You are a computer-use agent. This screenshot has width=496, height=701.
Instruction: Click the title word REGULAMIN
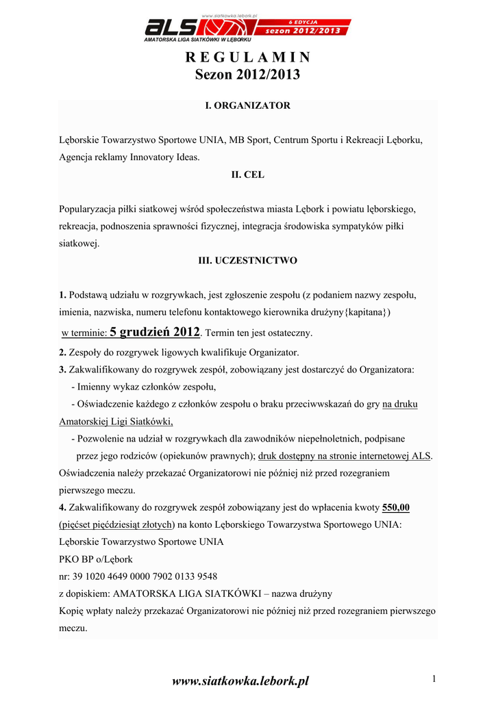248,57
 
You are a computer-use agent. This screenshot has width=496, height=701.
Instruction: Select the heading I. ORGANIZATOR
248,105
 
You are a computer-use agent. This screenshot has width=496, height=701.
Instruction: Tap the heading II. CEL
248,175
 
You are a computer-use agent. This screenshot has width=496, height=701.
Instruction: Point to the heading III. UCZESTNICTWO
248,261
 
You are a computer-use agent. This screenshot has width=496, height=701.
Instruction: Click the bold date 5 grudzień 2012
155,332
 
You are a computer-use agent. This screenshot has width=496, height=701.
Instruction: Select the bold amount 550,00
396,507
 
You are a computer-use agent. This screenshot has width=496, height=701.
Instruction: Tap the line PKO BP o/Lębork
96,559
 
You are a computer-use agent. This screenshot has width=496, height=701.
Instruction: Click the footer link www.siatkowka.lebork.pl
240,680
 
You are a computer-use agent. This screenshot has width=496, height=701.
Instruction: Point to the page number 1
434,678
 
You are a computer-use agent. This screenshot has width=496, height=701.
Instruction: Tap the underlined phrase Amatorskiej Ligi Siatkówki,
116,421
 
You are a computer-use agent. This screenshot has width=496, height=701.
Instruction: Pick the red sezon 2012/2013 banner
302,30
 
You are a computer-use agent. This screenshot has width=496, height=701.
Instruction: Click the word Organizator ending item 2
273,353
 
